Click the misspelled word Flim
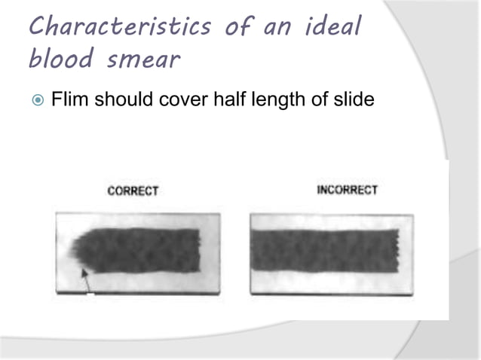pos(72,99)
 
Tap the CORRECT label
pos(133,191)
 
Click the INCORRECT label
pos(347,190)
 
